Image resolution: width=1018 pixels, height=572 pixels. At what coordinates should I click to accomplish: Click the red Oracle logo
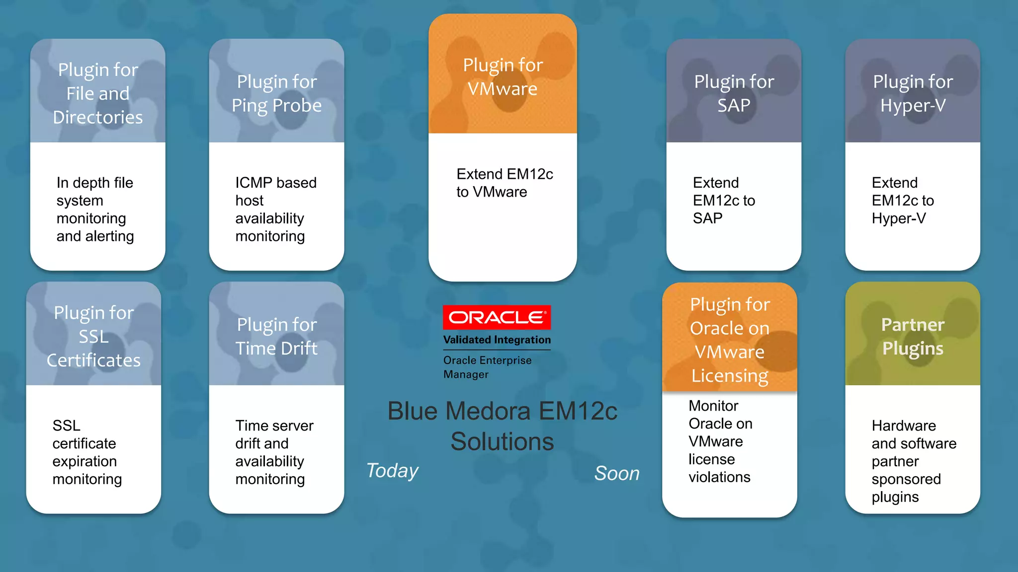pos(497,317)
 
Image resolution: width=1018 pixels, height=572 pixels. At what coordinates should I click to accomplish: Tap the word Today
pos(392,471)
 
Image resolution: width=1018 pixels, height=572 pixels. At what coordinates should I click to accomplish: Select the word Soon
pos(617,474)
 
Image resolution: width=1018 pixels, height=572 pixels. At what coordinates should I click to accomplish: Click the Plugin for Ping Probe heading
pos(276,93)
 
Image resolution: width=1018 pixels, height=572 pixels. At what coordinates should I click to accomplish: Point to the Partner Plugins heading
pos(913,337)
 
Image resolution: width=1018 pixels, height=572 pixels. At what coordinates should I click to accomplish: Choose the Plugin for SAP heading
pos(734,93)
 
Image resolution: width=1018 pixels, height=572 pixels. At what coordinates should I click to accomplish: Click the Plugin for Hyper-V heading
pos(913,93)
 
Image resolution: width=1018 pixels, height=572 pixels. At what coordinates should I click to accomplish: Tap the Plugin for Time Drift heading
pos(276,337)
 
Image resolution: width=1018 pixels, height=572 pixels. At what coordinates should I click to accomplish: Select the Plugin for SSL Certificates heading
pos(93,337)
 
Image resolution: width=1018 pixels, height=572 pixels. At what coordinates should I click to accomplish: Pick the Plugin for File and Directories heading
pos(98,93)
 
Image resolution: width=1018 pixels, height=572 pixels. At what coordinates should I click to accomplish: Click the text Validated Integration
pos(497,340)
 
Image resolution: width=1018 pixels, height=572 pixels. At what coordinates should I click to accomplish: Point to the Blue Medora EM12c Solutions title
pos(502,426)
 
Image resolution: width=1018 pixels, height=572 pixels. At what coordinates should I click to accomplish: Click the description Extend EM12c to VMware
pos(504,183)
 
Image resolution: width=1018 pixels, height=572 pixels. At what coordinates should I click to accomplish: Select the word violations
pos(719,477)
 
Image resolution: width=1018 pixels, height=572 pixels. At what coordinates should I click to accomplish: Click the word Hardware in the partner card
pos(903,426)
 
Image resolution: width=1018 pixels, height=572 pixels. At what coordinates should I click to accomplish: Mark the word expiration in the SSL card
pos(85,461)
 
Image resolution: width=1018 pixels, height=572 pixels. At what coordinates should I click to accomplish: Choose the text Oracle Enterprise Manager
pos(487,367)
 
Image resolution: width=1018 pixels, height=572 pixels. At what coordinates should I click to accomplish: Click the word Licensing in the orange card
pos(730,376)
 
